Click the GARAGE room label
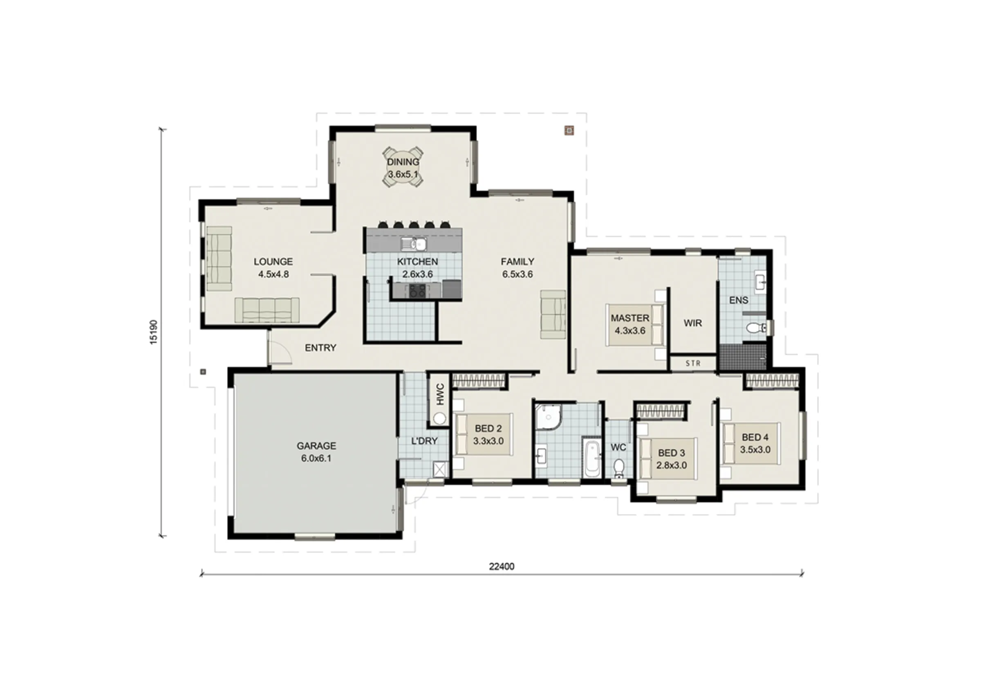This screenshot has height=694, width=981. coord(316,446)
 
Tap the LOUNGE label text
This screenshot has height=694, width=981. coord(273,262)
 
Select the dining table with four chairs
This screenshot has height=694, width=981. coord(403,167)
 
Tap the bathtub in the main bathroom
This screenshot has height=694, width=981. coord(592,458)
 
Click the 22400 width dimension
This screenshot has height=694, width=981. coord(502,566)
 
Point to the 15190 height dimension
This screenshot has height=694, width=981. coord(153,331)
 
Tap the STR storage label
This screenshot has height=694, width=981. coord(692,364)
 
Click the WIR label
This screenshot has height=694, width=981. coord(692,323)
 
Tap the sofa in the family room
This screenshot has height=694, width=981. coord(553,314)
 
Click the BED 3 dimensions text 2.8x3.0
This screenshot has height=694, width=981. coord(672,465)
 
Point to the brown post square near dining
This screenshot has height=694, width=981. coord(569,130)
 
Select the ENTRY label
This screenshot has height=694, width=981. coord(320,348)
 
